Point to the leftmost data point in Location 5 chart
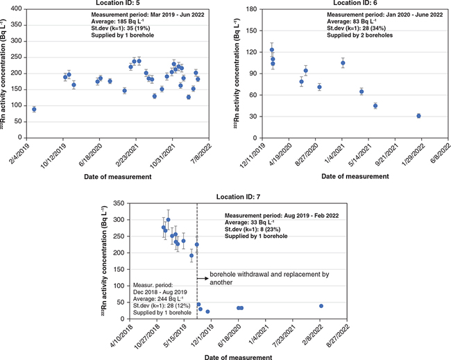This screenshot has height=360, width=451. pos(34,110)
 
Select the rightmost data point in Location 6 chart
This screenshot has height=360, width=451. pos(418,116)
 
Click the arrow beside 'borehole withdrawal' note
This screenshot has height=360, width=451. pos(203,280)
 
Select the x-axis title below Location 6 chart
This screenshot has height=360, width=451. pos(352,177)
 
